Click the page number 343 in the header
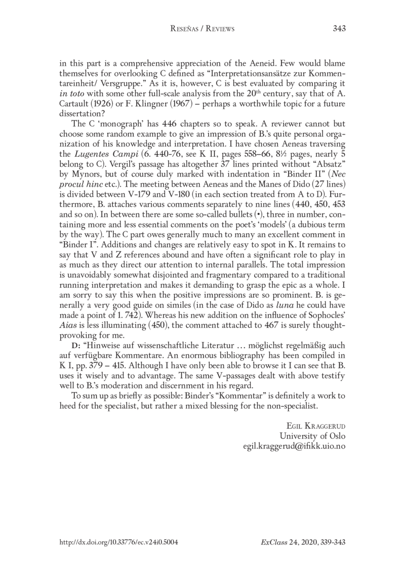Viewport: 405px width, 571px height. pyautogui.click(x=339, y=29)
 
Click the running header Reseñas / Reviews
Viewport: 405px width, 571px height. pyautogui.click(x=202, y=29)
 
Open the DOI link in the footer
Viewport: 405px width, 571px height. pyautogui.click(x=119, y=541)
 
